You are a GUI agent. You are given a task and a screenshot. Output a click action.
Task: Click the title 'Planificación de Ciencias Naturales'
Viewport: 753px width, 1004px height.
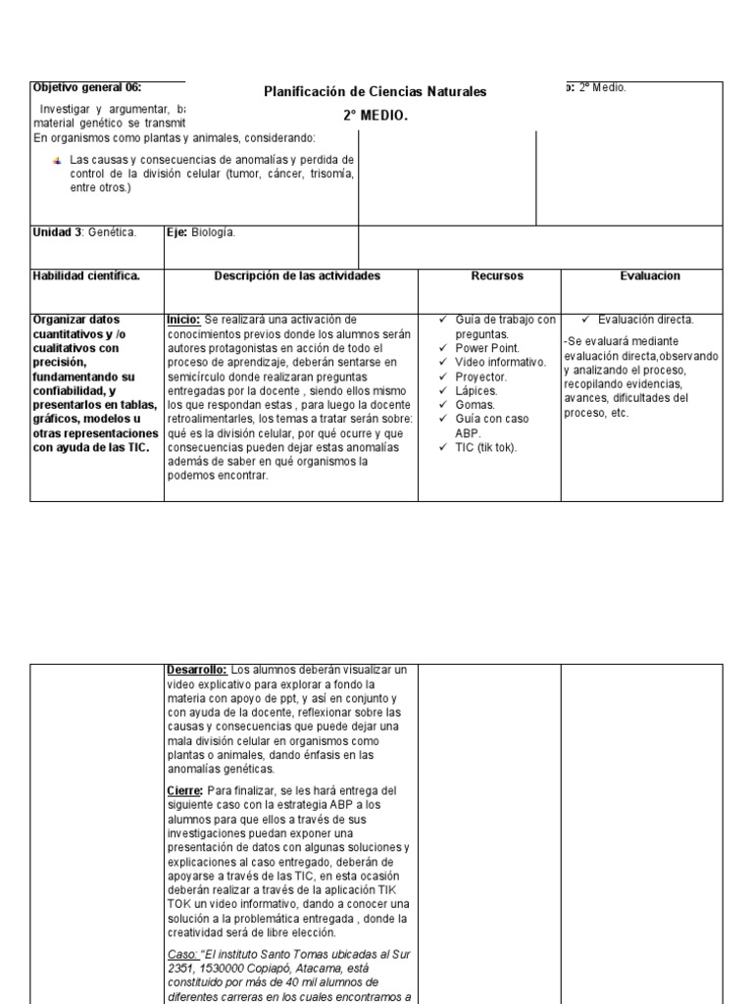(x=375, y=92)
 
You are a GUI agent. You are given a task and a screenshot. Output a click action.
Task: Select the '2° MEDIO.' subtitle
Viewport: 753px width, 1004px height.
(x=375, y=116)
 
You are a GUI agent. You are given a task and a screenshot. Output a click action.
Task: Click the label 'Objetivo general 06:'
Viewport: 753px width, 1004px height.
(x=87, y=87)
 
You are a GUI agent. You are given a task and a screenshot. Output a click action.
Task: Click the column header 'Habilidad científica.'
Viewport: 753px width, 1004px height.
(x=86, y=276)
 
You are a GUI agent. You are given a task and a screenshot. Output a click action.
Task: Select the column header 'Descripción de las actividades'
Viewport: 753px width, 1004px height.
(x=297, y=276)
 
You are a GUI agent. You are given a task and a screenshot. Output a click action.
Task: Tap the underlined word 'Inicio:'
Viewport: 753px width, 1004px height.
(x=184, y=320)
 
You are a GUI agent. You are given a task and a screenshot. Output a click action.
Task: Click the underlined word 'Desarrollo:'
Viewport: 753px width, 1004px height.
(x=196, y=670)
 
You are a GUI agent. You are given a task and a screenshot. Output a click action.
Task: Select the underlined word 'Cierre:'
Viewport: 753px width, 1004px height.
(x=184, y=790)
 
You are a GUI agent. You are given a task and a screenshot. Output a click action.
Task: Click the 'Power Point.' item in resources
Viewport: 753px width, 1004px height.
(x=487, y=348)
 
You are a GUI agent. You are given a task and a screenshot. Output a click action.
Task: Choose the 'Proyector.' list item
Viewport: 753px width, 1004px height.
(x=481, y=376)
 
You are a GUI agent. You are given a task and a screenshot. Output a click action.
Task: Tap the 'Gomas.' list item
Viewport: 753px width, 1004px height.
(x=475, y=404)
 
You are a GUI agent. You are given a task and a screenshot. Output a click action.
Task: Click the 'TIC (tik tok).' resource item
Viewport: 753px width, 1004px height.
(x=488, y=447)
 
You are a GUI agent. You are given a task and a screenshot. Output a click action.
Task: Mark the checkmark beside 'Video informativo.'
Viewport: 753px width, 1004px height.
(x=443, y=362)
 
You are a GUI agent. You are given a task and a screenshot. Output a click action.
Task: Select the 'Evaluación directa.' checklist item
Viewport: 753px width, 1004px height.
(x=645, y=320)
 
